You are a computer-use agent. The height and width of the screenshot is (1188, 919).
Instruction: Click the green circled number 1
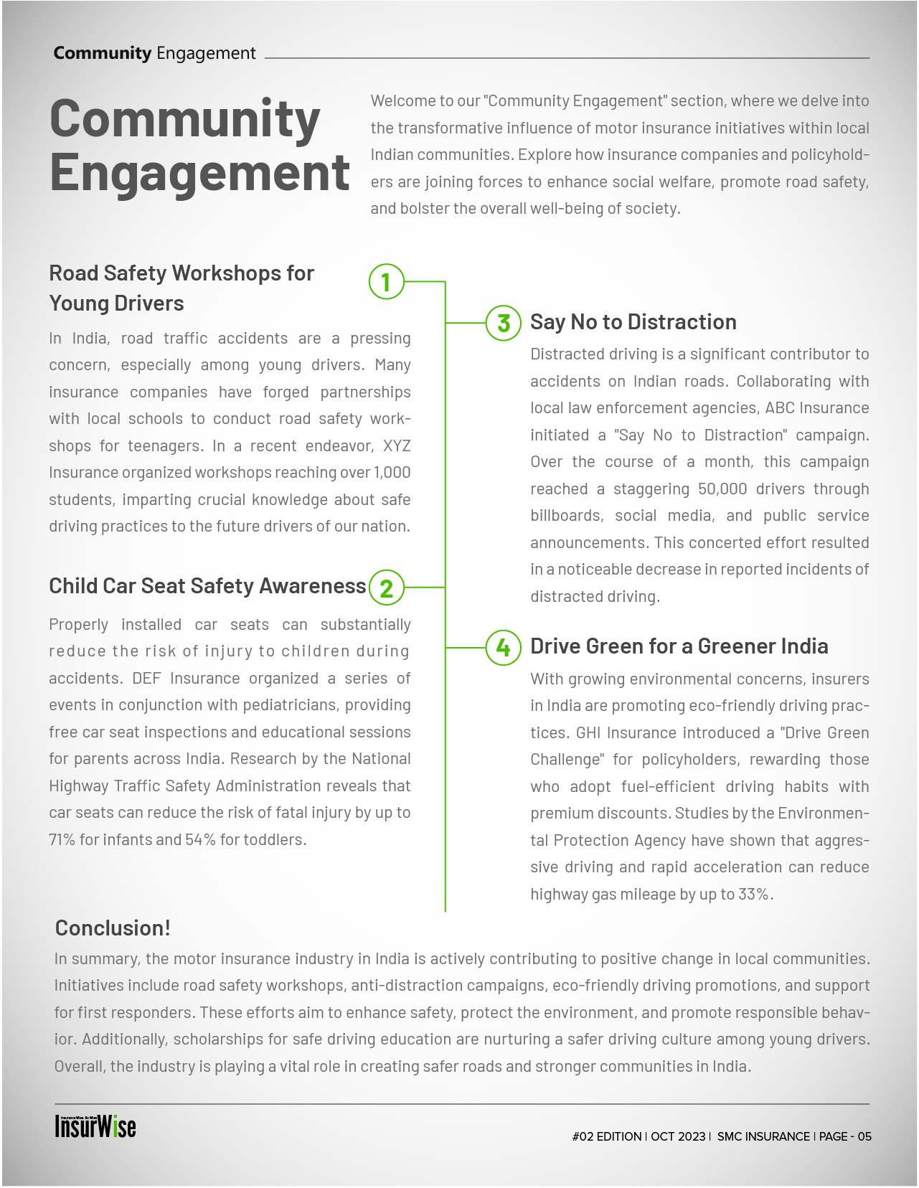pyautogui.click(x=386, y=282)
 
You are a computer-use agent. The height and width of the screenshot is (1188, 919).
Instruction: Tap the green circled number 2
pyautogui.click(x=386, y=588)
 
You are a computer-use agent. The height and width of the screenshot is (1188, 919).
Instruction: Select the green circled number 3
pyautogui.click(x=504, y=323)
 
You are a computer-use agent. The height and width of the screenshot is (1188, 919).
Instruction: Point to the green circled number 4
pyautogui.click(x=504, y=648)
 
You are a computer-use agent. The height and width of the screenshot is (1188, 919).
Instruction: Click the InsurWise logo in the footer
pyautogui.click(x=95, y=1127)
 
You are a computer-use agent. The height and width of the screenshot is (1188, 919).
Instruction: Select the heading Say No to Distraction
pyautogui.click(x=633, y=322)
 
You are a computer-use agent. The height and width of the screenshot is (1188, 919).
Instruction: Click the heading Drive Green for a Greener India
pyautogui.click(x=679, y=646)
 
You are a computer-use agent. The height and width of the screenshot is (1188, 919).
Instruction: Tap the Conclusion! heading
pyautogui.click(x=113, y=928)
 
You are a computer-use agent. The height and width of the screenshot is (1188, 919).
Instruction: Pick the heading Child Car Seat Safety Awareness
pyautogui.click(x=207, y=586)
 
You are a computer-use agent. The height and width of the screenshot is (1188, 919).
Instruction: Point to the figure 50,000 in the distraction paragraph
pyautogui.click(x=722, y=489)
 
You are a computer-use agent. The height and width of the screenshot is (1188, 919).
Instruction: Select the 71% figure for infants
pyautogui.click(x=62, y=840)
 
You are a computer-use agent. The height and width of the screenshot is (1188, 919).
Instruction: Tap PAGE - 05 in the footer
pyautogui.click(x=845, y=1137)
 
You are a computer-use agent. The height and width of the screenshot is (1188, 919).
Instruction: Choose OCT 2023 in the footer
pyautogui.click(x=678, y=1137)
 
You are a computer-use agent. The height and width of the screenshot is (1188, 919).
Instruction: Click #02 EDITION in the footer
pyautogui.click(x=607, y=1137)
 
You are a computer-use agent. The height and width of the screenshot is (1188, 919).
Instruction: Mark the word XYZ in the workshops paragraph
pyautogui.click(x=397, y=446)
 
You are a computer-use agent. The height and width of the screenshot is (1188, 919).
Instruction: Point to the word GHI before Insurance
pyautogui.click(x=588, y=733)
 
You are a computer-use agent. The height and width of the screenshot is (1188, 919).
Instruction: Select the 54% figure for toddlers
pyautogui.click(x=200, y=840)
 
